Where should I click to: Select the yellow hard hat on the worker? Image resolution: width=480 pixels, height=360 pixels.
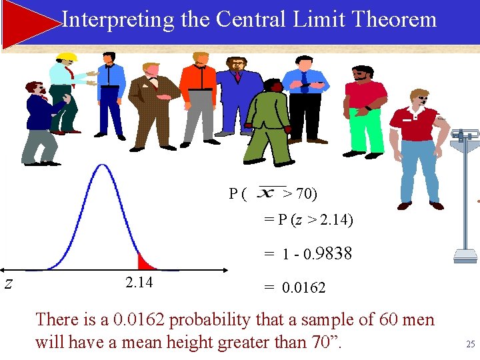coord(67,56)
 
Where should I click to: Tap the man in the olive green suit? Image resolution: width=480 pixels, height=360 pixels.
coord(269,123)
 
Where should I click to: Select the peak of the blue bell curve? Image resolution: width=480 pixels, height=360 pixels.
coord(101,166)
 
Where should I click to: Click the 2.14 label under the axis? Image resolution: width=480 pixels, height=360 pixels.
coord(139,283)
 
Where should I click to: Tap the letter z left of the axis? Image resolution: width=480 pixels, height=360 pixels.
coord(8,283)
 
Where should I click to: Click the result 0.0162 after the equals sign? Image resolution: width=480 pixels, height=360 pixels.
coord(303,288)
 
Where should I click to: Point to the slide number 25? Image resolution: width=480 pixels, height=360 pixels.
coord(470,345)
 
